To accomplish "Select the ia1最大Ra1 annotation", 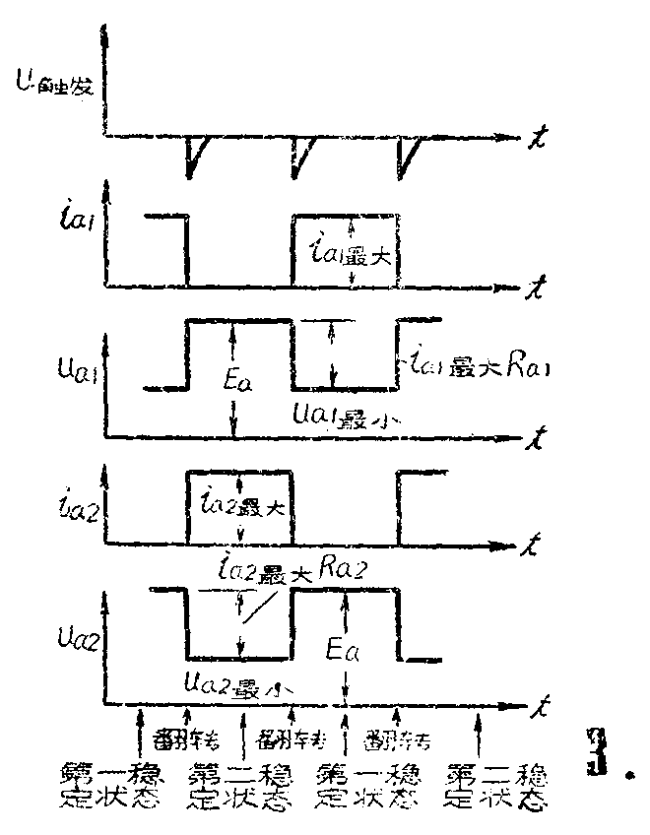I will click(479, 368).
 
